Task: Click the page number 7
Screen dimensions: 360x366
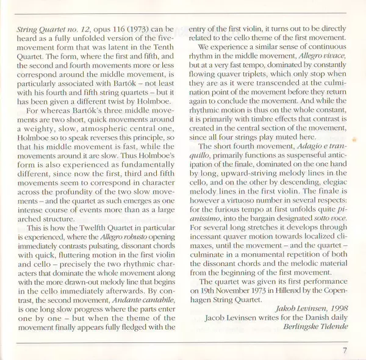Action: click(x=344, y=350)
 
